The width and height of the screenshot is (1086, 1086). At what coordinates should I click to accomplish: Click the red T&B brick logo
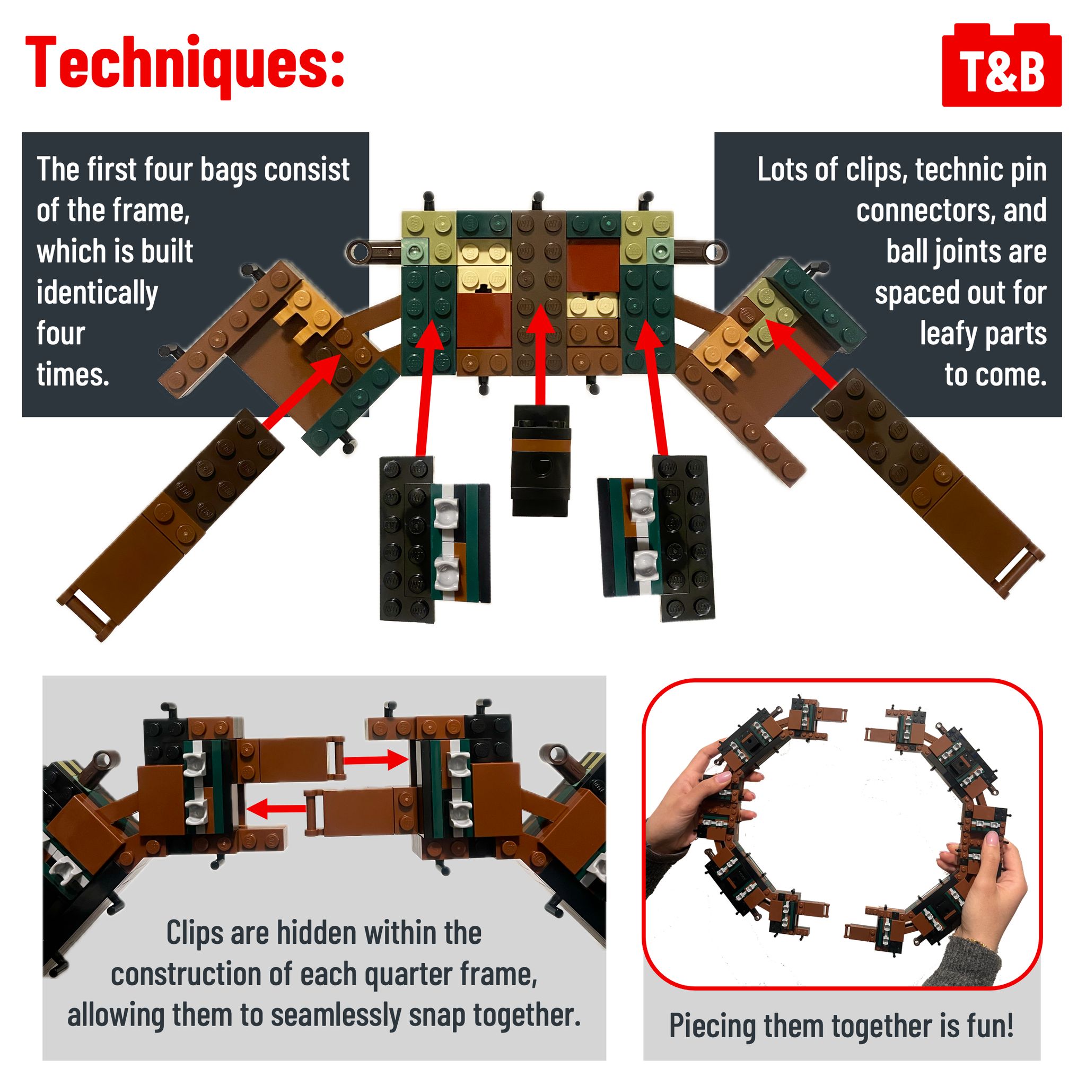point(1001,65)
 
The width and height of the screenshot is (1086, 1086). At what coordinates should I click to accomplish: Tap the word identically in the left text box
point(97,292)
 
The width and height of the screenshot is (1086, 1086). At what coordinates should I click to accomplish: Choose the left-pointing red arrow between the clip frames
point(277,809)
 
